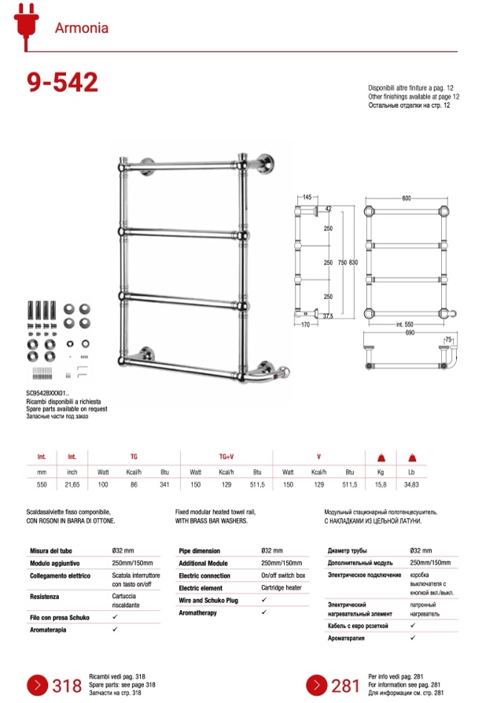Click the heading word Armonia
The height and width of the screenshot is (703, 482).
[x=82, y=28]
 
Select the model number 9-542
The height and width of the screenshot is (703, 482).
[x=62, y=82]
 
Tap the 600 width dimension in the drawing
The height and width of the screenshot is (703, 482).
[x=406, y=198]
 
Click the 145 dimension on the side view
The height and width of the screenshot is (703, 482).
[x=306, y=198]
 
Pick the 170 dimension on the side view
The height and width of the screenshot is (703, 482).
[x=306, y=323]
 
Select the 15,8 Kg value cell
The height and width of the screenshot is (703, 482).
[x=380, y=485]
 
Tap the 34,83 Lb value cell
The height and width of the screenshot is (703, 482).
[x=410, y=485]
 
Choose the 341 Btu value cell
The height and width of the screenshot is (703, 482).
[x=164, y=485]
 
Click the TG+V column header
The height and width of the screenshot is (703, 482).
[x=226, y=457]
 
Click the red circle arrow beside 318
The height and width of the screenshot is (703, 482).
[x=39, y=685]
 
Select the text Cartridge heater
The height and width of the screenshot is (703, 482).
[x=282, y=588]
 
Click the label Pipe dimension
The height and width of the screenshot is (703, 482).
[x=200, y=551]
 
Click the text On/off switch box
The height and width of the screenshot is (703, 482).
[x=284, y=575]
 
